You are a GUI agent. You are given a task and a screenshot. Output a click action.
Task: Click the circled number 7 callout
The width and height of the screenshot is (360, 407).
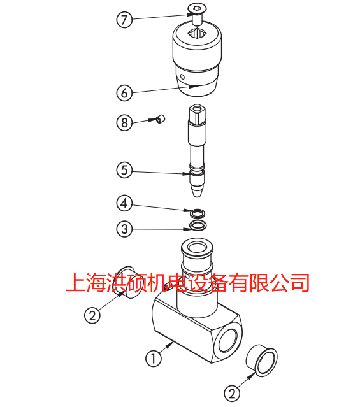point(124,20)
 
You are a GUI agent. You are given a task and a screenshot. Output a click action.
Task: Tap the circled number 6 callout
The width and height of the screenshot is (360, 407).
point(124,92)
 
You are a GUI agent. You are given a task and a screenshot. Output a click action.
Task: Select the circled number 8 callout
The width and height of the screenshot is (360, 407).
point(124,122)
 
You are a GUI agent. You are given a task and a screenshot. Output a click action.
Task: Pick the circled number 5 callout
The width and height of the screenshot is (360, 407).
point(124,170)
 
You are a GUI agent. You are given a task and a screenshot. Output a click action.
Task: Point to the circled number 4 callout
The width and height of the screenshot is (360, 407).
point(124,203)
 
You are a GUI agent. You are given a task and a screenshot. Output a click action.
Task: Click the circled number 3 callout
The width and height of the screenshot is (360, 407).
point(124,229)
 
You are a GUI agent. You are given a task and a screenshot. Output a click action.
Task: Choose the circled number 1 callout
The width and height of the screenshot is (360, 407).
point(154,359)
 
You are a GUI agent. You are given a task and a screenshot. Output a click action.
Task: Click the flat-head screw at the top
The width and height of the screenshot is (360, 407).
point(197,13)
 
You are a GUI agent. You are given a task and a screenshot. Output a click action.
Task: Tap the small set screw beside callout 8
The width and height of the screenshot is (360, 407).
point(161,119)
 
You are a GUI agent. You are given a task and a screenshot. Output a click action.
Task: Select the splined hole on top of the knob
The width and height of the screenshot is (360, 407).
point(197,34)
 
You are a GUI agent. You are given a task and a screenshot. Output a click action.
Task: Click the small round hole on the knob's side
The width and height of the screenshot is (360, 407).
point(182,76)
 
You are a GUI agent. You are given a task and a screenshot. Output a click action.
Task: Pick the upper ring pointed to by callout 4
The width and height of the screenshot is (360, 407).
point(198,213)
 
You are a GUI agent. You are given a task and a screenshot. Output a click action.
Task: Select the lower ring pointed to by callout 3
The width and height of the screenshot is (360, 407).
point(198,225)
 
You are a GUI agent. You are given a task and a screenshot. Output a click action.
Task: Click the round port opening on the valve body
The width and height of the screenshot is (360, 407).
point(227,340)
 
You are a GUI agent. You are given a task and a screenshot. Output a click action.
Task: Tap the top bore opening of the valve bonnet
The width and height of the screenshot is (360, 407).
point(197,247)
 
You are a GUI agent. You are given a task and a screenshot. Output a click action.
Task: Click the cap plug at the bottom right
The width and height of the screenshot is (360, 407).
point(262,361)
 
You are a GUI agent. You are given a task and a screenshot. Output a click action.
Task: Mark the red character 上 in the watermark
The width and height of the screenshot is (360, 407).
point(76,282)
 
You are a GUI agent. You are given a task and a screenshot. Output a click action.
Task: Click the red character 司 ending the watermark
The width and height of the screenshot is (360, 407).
point(299,282)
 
